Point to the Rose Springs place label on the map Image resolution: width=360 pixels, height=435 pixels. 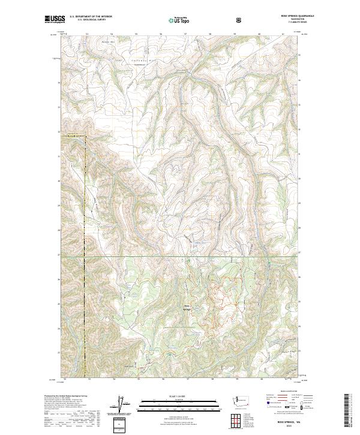pos(187,308)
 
